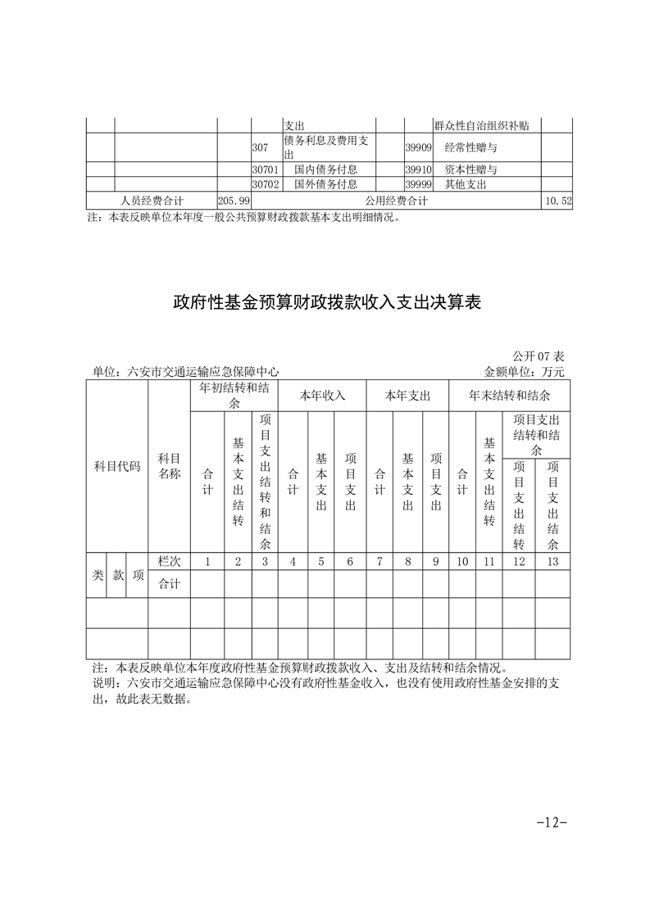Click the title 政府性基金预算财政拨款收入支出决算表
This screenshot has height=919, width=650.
coord(325,302)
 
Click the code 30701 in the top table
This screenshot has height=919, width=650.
coord(266,170)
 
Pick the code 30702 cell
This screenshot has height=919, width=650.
coord(266,185)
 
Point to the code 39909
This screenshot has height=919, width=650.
coord(419,148)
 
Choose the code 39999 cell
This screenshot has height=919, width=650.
coord(419,185)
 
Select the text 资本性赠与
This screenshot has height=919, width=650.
coord(471,170)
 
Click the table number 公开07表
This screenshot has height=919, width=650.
coord(539,357)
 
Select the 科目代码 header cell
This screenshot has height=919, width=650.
coord(117,467)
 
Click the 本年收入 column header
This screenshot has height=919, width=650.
coord(322,396)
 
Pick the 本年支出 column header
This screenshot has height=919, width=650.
coord(408,396)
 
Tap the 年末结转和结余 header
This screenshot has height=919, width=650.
coord(509,396)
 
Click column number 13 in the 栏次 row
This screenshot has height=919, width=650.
coord(553,562)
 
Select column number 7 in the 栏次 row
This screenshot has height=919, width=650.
coord(380,562)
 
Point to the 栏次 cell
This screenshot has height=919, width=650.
coord(169,562)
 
